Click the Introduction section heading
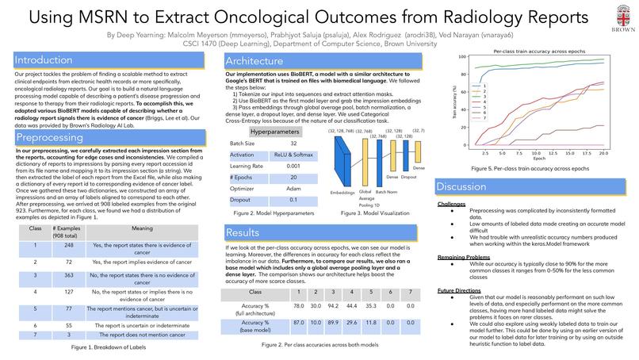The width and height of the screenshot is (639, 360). tap(44, 60)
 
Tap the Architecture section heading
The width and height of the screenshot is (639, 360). tap(254, 61)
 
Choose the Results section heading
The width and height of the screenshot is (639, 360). tap(243, 233)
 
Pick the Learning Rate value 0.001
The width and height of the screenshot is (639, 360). tap(293, 167)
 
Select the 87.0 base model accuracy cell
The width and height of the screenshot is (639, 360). tap(298, 323)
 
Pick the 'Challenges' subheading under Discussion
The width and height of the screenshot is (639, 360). tap(452, 204)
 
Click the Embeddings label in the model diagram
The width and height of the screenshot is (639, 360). tap(342, 193)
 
